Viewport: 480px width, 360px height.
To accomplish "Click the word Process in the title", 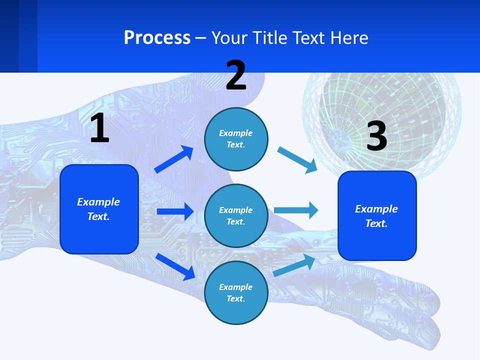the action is [x=157, y=37].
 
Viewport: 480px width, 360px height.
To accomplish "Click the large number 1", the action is [x=99, y=128].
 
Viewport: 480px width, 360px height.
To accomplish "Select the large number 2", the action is [x=236, y=75].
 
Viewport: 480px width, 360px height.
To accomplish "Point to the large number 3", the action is [x=377, y=136].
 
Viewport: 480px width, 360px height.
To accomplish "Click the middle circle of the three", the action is [x=236, y=215].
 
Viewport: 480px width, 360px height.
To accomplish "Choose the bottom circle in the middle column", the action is [x=236, y=292].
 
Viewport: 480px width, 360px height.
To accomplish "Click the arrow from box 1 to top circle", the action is [x=174, y=159].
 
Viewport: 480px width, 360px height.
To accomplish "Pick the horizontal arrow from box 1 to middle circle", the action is [x=175, y=211].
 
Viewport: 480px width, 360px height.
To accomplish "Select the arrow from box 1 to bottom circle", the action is [x=175, y=266].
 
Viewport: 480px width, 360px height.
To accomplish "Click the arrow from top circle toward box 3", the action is [x=297, y=160].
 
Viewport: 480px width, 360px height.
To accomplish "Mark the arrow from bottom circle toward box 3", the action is [x=294, y=265].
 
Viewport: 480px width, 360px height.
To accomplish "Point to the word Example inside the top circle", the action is [x=236, y=133].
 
